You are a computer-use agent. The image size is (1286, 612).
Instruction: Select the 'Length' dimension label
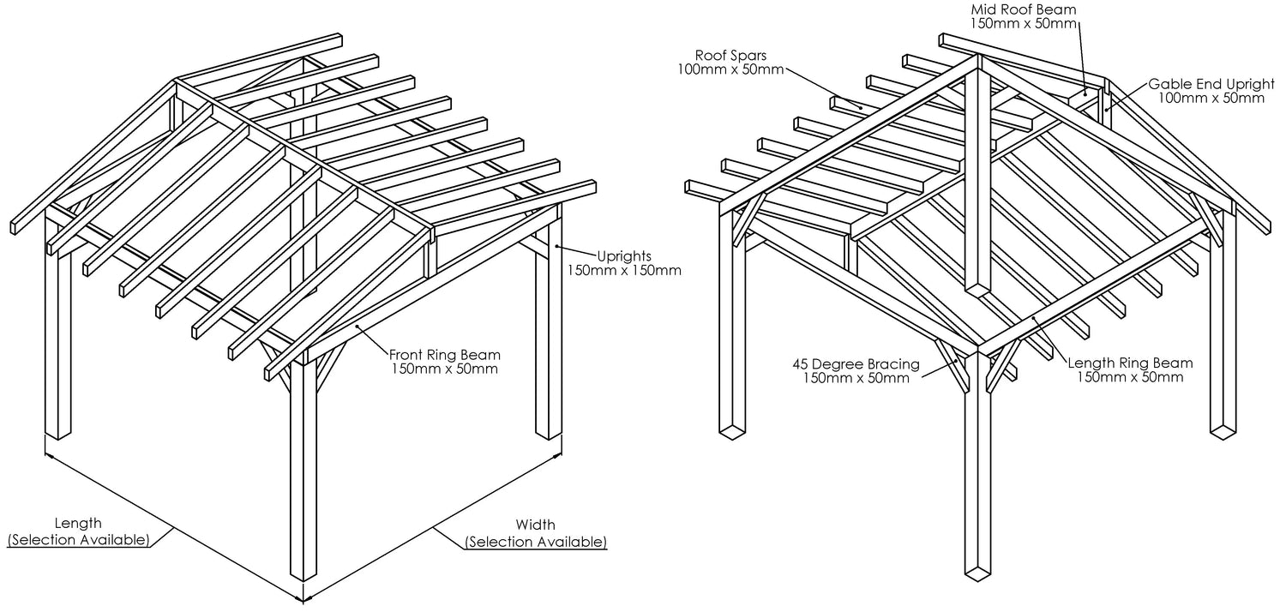[x=78, y=523]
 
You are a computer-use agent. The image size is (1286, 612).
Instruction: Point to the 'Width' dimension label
[x=535, y=525]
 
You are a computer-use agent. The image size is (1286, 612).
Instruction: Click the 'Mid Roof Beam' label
[x=1023, y=9]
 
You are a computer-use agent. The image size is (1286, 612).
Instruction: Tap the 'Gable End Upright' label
[x=1206, y=84]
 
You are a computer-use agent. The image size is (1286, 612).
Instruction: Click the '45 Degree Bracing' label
[x=856, y=363]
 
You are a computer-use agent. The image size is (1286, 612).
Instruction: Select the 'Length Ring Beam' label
[x=1130, y=363]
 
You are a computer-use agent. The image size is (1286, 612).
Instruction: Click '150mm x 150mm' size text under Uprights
[x=623, y=271]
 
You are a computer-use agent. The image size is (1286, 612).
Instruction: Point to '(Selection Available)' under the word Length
[x=78, y=539]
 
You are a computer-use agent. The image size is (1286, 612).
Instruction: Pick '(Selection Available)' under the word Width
[x=535, y=541]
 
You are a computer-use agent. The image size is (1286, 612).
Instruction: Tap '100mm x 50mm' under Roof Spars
[x=730, y=69]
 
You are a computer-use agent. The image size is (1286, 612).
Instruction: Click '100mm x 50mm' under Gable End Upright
[x=1211, y=99]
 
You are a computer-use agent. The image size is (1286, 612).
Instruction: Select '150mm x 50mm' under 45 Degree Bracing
[x=856, y=378]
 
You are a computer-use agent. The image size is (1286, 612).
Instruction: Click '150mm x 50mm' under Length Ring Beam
[x=1130, y=377]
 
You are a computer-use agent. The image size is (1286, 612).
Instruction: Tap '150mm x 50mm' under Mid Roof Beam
[x=1023, y=24]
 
